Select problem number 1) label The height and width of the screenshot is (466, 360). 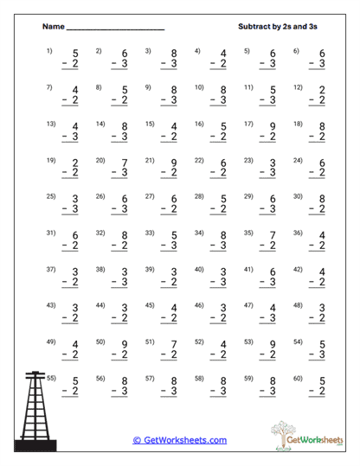(x=49, y=50)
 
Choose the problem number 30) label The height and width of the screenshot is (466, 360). (x=299, y=196)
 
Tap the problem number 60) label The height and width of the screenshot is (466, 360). (x=299, y=378)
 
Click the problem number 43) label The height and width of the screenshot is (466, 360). (x=49, y=305)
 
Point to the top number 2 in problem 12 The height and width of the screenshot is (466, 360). (x=322, y=90)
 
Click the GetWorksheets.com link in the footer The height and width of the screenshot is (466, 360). (x=180, y=440)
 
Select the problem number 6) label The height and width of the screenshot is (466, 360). (x=297, y=50)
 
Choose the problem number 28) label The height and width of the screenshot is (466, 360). (x=199, y=196)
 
